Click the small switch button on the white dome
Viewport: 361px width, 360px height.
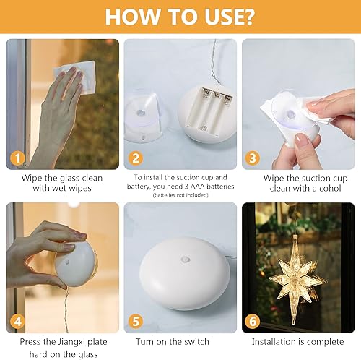tap(186, 258)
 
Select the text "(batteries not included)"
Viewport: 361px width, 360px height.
tap(180, 195)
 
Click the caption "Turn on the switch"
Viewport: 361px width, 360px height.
tap(172, 341)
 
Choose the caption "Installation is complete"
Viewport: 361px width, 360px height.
tap(297, 341)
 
